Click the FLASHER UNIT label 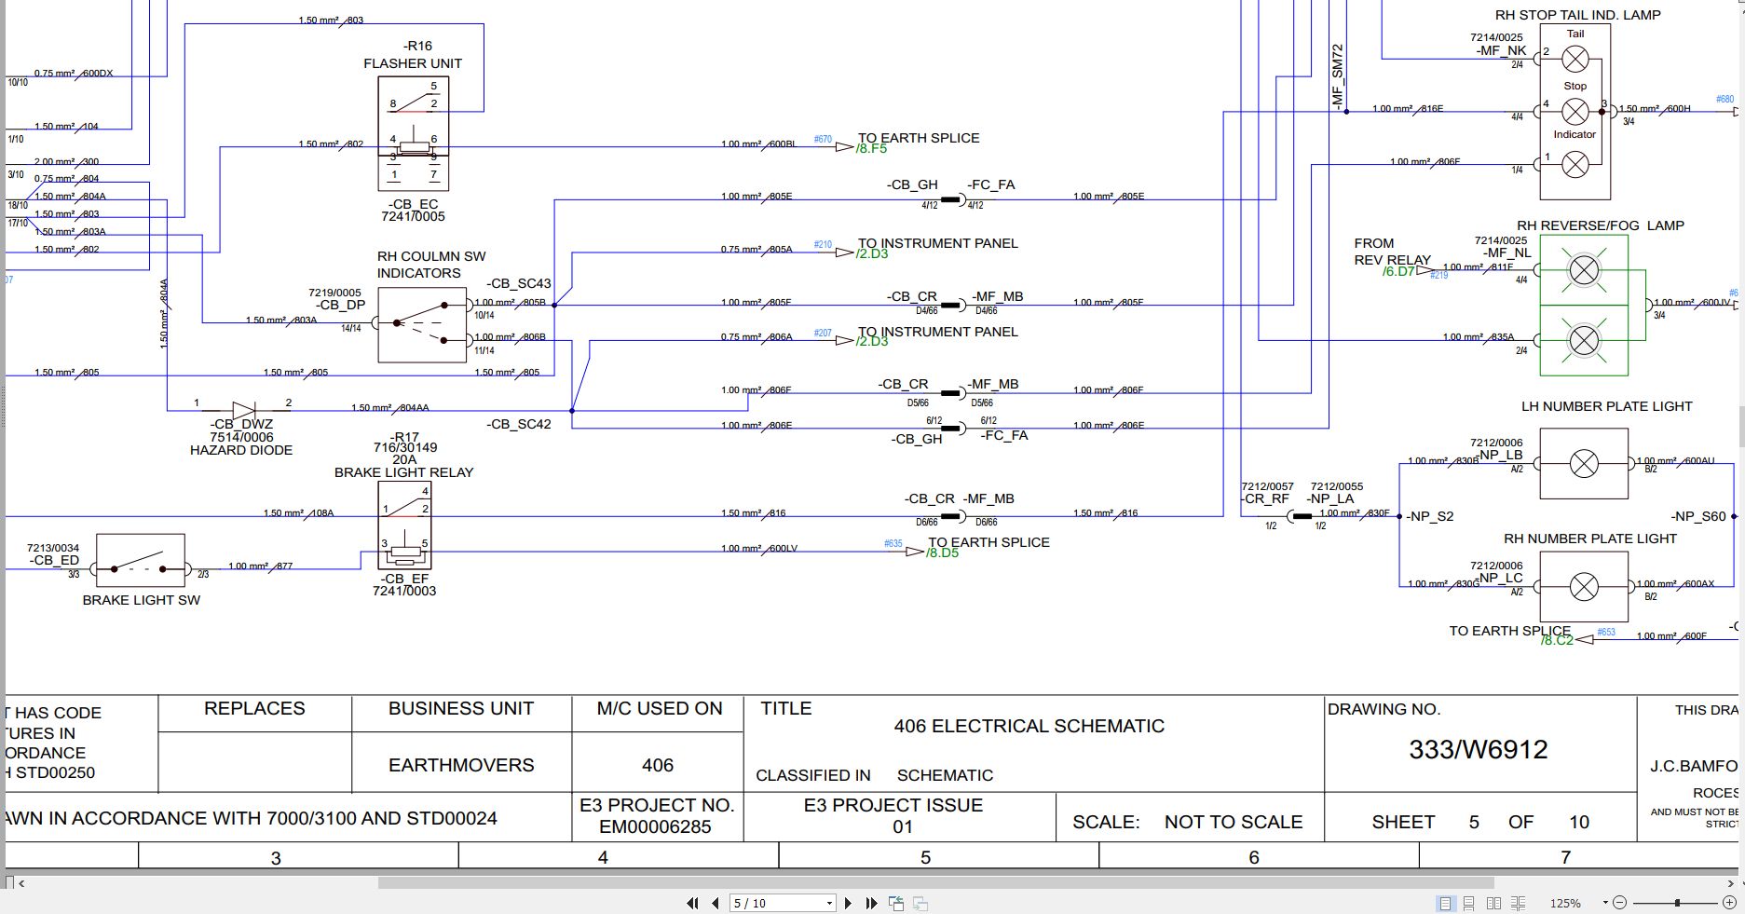pos(413,63)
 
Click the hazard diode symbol pos(243,410)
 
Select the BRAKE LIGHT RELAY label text pos(403,472)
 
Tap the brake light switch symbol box pos(141,560)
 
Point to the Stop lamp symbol pos(1575,112)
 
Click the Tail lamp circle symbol pos(1575,60)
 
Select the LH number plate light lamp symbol pos(1584,463)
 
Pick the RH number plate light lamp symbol pos(1584,587)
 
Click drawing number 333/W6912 pos(1478,750)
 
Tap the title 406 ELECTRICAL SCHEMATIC pos(1029,726)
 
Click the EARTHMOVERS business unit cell pos(461,765)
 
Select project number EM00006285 pos(655,826)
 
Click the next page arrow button pos(848,903)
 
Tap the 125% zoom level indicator pos(1565,903)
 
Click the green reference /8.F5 pos(871,149)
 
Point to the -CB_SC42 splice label pos(519,424)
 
